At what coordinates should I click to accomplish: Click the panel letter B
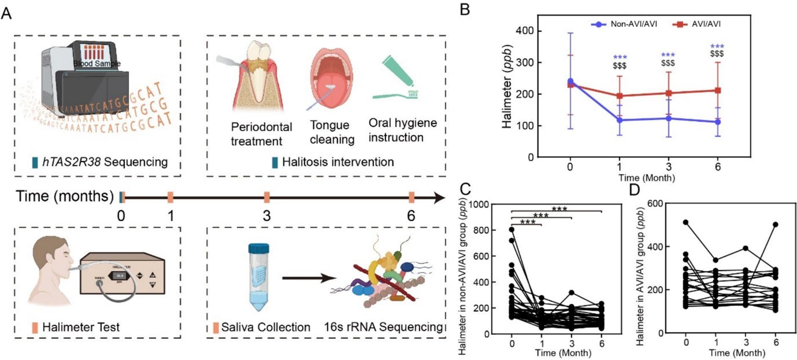464,9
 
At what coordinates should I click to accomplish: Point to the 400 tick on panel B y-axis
525,31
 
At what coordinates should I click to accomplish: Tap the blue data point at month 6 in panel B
717,122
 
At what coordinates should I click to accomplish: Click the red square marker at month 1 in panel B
619,96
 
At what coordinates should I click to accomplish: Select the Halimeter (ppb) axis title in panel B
507,86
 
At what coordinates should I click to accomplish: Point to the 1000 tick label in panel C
478,205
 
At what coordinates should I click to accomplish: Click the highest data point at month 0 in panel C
511,230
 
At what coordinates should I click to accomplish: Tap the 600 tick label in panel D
651,203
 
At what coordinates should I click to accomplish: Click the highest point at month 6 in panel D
775,225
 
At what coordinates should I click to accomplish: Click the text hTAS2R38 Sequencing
104,162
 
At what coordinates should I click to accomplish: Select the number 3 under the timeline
266,216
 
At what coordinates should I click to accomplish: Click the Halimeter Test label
81,327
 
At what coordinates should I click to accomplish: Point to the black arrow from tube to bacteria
309,278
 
